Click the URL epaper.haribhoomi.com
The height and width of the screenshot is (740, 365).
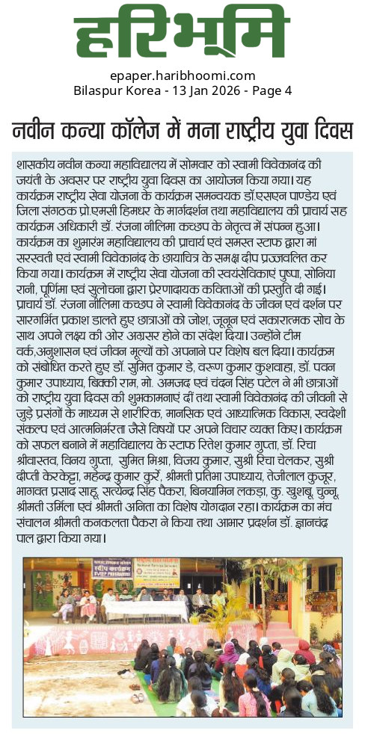pyautogui.click(x=182, y=75)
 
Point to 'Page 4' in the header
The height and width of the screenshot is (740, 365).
pyautogui.click(x=272, y=90)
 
